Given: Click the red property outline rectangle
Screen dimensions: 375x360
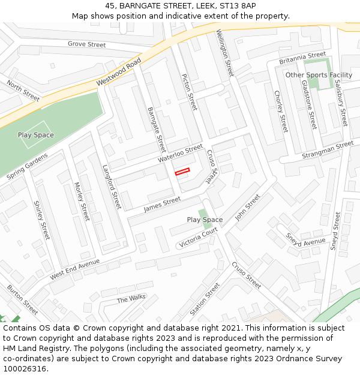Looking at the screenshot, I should pos(182,172).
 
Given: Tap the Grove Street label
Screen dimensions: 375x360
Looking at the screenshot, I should pos(86,44).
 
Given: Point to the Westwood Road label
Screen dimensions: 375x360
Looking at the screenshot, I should pos(119,72).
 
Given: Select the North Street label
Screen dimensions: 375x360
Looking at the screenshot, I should pos(23,90).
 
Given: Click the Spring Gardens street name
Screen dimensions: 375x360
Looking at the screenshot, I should pos(28,166).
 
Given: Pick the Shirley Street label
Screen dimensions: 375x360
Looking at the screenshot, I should pos(41,220).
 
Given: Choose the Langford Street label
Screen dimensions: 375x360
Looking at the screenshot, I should pos(112,187).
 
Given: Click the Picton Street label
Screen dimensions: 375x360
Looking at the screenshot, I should pos(189,92).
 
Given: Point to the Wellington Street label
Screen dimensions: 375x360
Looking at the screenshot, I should pos(224,53).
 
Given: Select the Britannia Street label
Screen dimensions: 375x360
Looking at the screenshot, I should pos(303,58).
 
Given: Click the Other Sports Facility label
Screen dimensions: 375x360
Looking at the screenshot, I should pos(319,75).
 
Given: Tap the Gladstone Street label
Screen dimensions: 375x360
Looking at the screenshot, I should pos(308,105).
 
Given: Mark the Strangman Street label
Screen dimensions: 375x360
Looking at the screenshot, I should pos(328,149).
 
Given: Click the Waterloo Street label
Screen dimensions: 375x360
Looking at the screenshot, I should pos(181,154).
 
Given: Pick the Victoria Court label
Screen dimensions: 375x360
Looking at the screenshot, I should pos(198,238).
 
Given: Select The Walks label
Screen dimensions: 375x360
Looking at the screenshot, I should pos(131,298).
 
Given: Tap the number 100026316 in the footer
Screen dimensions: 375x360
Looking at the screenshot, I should pos(25,369).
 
